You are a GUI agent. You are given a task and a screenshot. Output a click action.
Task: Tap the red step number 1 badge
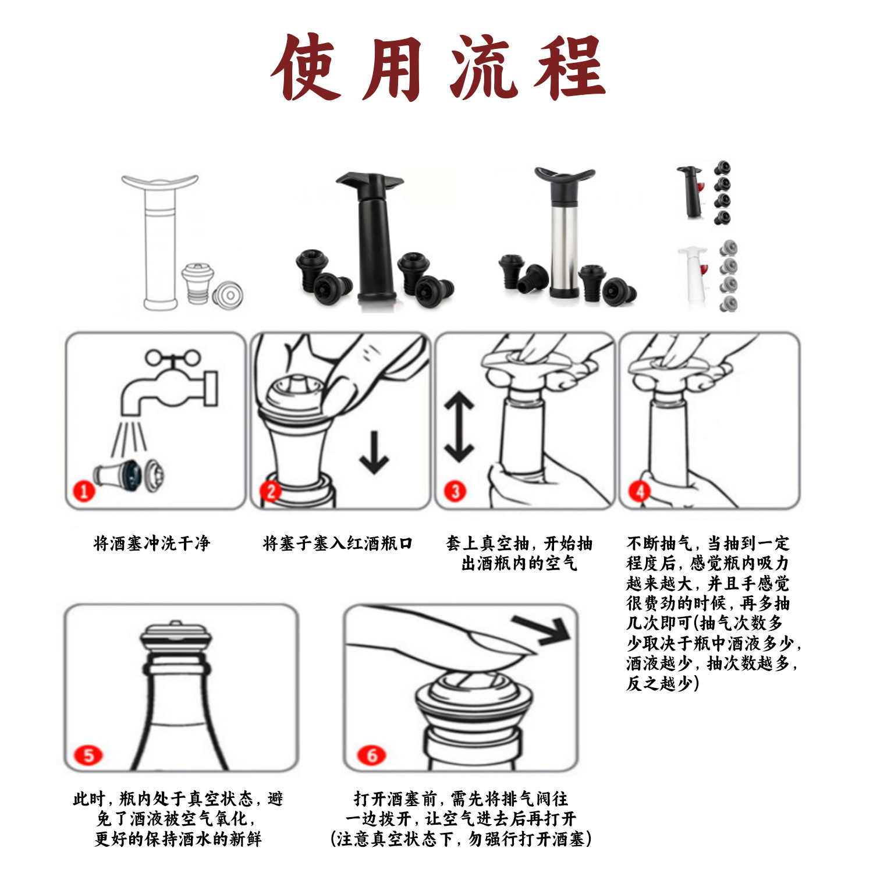point(84,491)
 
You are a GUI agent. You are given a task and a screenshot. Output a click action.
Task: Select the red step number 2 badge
point(271,491)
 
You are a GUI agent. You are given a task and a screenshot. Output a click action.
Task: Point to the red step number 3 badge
point(455,491)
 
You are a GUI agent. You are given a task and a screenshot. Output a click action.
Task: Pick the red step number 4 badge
point(640,491)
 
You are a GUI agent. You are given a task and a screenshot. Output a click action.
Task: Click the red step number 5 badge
point(88,755)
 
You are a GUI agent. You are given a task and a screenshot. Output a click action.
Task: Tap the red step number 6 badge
point(372,755)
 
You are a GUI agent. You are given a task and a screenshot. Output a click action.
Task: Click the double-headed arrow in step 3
point(459,427)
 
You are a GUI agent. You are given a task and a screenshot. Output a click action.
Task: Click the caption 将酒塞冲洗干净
point(151,544)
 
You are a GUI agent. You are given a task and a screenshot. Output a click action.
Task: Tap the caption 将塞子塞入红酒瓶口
point(338,544)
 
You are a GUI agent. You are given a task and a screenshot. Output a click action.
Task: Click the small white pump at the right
point(693,274)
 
